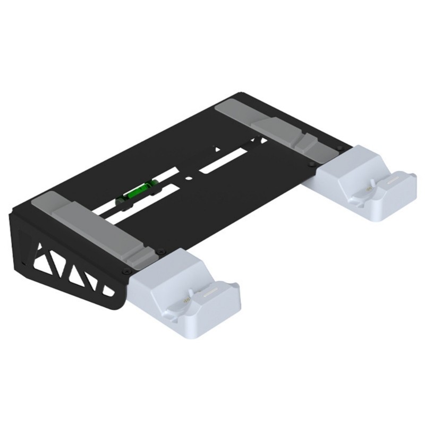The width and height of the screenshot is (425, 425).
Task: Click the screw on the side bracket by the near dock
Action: pyautogui.click(x=125, y=271)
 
